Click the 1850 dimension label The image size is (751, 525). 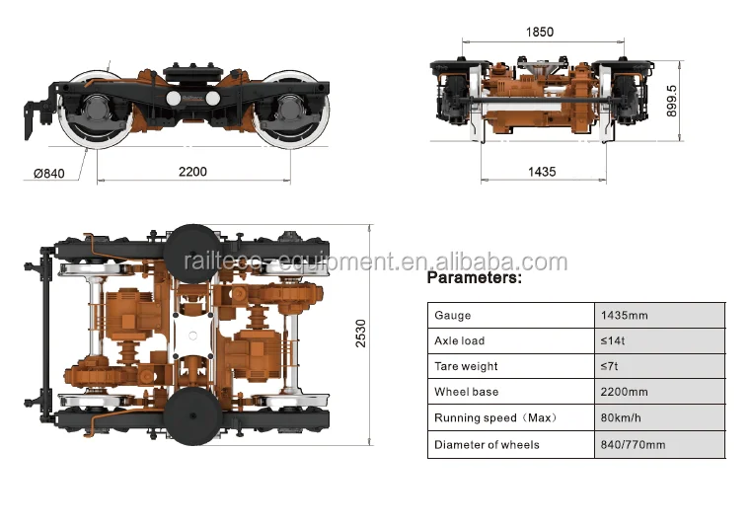pyautogui.click(x=540, y=32)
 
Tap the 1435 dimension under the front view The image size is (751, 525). pyautogui.click(x=542, y=172)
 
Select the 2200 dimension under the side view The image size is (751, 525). pyautogui.click(x=192, y=172)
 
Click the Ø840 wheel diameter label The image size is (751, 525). pyautogui.click(x=49, y=174)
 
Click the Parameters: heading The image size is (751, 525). pyautogui.click(x=474, y=278)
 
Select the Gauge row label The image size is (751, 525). pyautogui.click(x=453, y=316)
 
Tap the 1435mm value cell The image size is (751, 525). pyautogui.click(x=625, y=316)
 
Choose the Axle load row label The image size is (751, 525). pyautogui.click(x=460, y=341)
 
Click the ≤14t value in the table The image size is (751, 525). pyautogui.click(x=613, y=341)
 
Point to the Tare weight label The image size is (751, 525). pyautogui.click(x=466, y=367)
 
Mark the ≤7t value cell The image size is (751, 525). pyautogui.click(x=610, y=367)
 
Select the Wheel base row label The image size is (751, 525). pyautogui.click(x=465, y=393)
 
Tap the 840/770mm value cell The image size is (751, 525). pyautogui.click(x=633, y=444)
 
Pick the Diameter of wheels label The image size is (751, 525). pyautogui.click(x=487, y=444)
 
